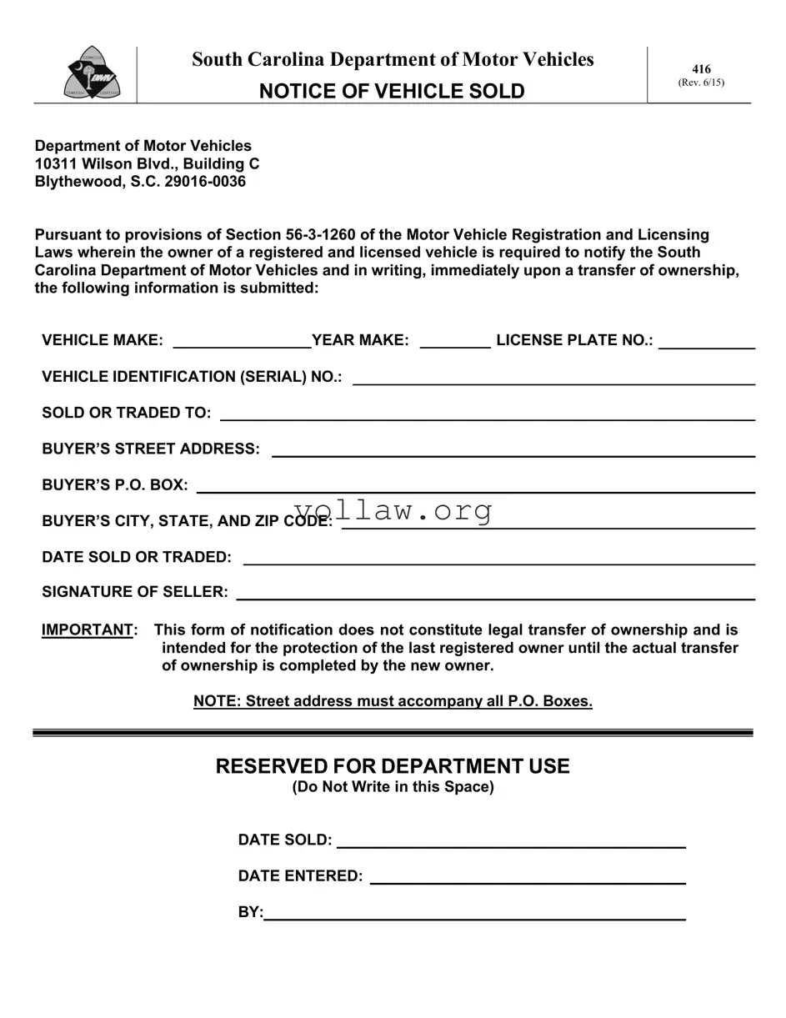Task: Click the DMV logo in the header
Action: [92, 73]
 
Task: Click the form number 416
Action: [701, 69]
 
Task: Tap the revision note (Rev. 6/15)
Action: [701, 83]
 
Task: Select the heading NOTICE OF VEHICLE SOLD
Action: [392, 92]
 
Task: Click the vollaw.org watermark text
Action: [393, 510]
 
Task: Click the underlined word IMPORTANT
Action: [88, 630]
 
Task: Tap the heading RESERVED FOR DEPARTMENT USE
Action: [393, 766]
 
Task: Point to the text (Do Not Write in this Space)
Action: [393, 787]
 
